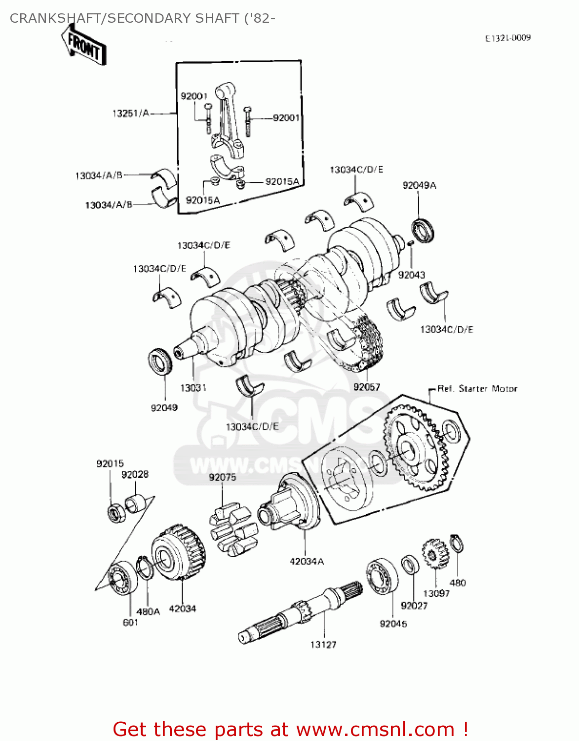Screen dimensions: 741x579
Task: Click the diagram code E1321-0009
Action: coord(507,38)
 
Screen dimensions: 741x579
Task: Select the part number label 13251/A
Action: coord(130,113)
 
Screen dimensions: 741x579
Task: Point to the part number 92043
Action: coord(411,275)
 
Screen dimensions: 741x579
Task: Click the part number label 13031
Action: coord(193,388)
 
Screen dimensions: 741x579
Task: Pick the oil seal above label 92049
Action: coord(160,361)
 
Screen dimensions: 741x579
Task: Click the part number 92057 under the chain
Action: coord(367,387)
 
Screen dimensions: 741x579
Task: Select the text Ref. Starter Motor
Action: coord(477,389)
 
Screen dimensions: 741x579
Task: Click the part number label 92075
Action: coord(223,477)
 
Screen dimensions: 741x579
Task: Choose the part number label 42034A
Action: coord(307,561)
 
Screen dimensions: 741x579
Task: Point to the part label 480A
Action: coord(148,611)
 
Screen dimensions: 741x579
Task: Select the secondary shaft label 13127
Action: coord(323,644)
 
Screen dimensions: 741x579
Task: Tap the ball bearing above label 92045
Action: coord(382,576)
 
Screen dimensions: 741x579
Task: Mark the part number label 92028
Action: coord(135,474)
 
